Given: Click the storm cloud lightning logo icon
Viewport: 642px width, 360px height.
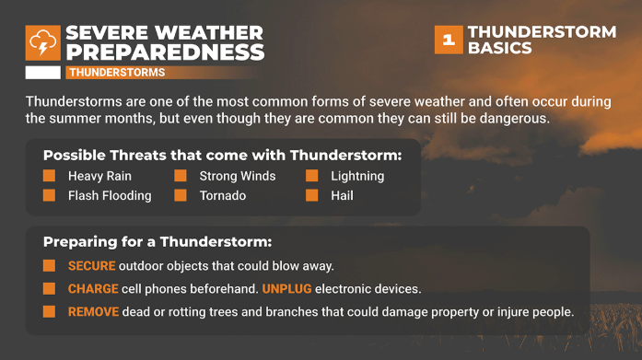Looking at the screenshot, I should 43,43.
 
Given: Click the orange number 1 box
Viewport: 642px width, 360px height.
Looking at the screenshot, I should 448,40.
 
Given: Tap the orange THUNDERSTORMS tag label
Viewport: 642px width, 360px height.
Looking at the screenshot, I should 117,72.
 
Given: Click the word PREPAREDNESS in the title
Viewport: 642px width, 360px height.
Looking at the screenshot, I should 165,52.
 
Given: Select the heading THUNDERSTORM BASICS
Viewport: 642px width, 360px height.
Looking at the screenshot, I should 541,40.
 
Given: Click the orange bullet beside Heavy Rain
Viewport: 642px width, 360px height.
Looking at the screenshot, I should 50,176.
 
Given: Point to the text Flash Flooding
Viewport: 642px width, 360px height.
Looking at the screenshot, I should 110,195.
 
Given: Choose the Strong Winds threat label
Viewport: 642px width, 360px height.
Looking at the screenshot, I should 238,176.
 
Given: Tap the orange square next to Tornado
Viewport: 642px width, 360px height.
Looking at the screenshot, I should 181,195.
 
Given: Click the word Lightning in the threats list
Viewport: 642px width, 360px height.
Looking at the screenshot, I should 357,176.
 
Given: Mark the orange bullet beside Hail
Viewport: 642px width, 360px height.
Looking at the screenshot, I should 312,195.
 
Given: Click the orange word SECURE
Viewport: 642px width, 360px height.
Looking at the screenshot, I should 92,266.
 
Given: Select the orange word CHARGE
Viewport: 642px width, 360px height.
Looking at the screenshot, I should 93,289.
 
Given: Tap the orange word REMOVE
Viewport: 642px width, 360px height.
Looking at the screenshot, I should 93,312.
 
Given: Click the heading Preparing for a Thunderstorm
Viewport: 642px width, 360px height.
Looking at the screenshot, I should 158,242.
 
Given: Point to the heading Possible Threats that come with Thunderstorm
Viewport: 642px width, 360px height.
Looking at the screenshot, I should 222,154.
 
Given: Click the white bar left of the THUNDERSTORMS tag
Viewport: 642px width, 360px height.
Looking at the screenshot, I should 43,72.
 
